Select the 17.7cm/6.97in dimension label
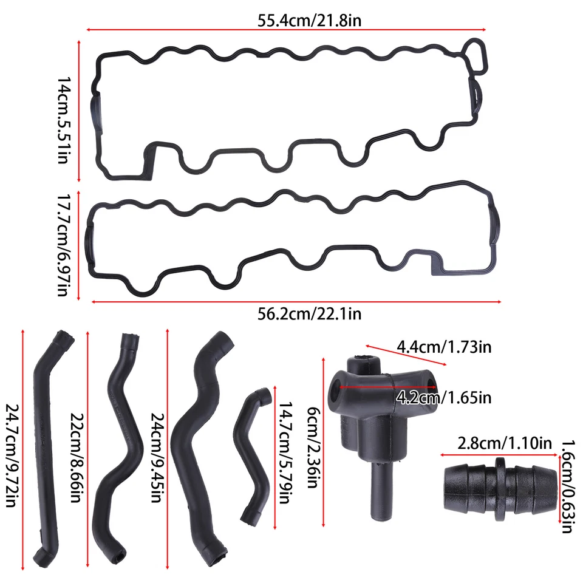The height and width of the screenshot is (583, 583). tap(63, 245)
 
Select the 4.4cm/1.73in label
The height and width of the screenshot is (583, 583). tap(444, 348)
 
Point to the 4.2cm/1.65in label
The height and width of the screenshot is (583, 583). tap(443, 398)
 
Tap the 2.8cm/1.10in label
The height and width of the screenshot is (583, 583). tap(496, 443)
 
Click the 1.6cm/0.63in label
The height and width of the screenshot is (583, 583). tap(566, 486)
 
